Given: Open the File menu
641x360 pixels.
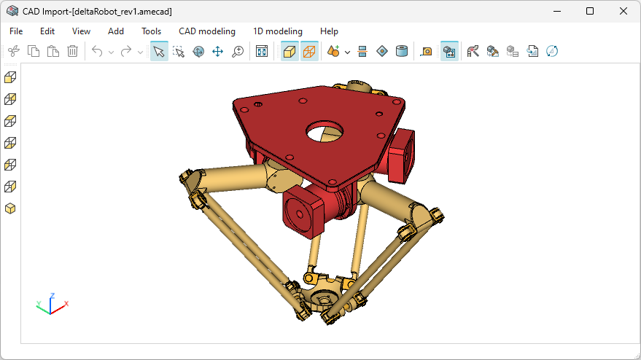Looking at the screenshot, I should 16,31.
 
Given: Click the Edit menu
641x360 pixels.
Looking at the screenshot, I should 47,31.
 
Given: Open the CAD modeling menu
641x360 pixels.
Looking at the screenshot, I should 207,31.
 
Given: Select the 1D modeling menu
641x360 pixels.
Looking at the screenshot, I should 277,31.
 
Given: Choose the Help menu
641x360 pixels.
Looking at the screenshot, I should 329,31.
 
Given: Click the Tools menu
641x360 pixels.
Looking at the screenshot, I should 151,31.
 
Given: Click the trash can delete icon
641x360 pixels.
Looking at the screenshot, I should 73,51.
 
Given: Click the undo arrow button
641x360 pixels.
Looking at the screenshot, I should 97,51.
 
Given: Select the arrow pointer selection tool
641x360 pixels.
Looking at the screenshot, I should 159,51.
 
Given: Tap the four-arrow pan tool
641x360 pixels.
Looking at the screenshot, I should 217,51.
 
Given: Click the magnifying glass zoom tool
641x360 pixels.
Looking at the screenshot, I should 237,51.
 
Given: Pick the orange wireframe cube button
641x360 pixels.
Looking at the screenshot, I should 309,51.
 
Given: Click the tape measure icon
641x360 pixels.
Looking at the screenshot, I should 427,51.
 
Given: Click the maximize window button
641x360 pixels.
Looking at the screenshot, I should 589,11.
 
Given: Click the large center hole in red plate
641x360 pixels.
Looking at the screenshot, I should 325,131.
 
